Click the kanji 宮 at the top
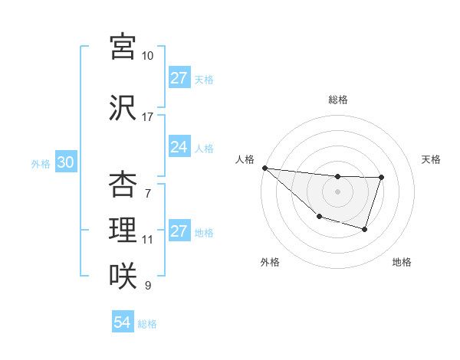click(123, 47)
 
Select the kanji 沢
click(123, 108)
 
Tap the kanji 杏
click(123, 185)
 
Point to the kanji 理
click(123, 230)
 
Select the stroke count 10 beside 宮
click(147, 56)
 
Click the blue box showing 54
click(122, 323)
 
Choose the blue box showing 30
click(65, 162)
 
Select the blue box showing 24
click(179, 147)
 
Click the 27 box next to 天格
click(179, 78)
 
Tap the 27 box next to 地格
click(179, 231)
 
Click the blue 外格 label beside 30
click(41, 163)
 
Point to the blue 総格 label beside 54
click(147, 324)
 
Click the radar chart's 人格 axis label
click(245, 159)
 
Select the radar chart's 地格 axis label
click(402, 262)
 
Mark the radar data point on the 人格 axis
click(264, 168)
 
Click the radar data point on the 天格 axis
click(381, 178)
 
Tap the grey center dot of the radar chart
click(337, 191)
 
